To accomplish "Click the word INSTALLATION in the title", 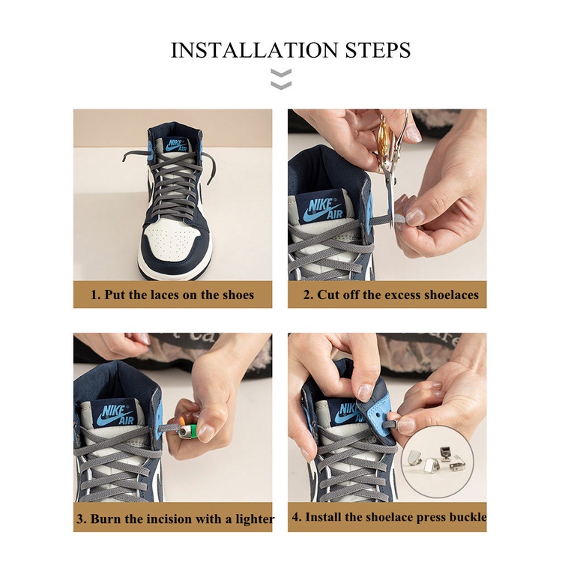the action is pyautogui.click(x=254, y=49).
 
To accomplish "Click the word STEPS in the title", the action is pyautogui.click(x=378, y=49).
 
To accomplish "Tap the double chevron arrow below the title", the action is pyautogui.click(x=281, y=79).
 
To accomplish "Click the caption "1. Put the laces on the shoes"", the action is pyautogui.click(x=172, y=295).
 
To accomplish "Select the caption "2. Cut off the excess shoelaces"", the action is pyautogui.click(x=390, y=294).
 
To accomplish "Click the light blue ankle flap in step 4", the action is pyautogui.click(x=376, y=420).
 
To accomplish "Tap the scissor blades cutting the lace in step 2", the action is pyautogui.click(x=390, y=199).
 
